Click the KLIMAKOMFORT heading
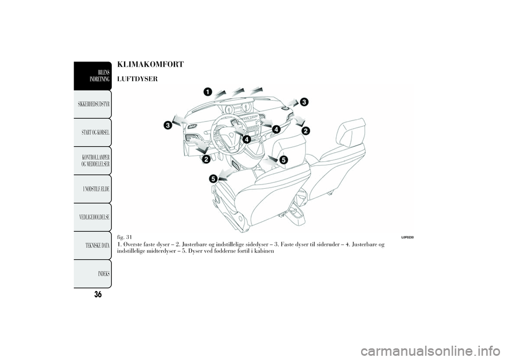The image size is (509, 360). point(150,64)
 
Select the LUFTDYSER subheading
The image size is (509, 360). point(137,79)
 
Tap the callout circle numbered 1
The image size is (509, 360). point(208,92)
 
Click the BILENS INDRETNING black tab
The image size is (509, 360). point(93,76)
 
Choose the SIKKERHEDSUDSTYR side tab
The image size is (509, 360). point(93,104)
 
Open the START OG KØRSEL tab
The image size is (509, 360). point(93,133)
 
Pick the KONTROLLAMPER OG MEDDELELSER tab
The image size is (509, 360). point(93,161)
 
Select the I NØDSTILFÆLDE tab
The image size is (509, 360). point(93,189)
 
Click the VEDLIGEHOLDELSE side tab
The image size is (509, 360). point(93,217)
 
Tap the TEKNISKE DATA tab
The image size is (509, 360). point(93,245)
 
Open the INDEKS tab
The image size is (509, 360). point(93,274)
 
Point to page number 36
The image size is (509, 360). point(98,294)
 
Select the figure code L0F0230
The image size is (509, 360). point(407,238)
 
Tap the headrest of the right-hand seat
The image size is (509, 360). point(352,131)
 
